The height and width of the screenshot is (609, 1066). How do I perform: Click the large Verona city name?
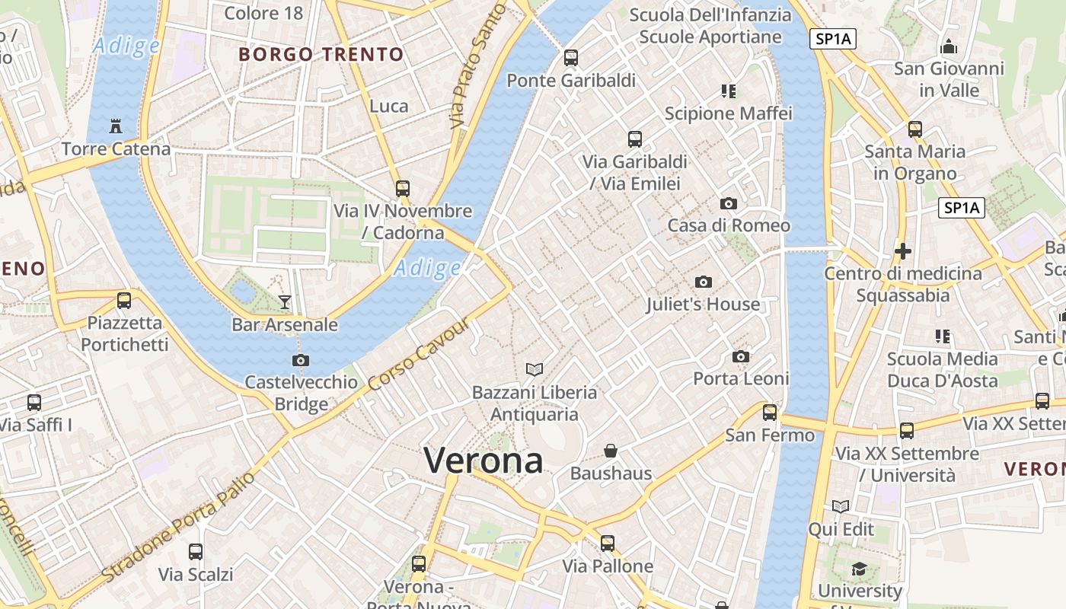(x=484, y=461)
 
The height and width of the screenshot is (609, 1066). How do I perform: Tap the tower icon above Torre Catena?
(x=116, y=126)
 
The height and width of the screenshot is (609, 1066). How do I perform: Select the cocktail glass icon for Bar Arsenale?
(x=284, y=302)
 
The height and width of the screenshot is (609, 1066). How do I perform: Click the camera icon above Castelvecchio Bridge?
(x=301, y=360)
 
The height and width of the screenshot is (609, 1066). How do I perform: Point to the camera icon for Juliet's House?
(x=704, y=282)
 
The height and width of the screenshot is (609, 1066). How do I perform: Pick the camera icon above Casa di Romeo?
(x=729, y=203)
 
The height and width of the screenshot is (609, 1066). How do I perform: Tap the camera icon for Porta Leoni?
(x=741, y=356)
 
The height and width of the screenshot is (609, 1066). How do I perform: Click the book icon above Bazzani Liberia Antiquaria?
(x=535, y=370)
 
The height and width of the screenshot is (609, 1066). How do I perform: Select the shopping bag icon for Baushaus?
(x=611, y=451)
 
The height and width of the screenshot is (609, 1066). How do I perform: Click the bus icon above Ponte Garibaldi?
(x=571, y=58)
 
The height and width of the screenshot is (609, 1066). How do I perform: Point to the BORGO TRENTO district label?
(x=321, y=55)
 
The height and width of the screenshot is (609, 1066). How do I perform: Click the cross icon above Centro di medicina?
(x=903, y=250)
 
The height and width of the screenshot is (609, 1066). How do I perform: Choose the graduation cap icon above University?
(x=859, y=569)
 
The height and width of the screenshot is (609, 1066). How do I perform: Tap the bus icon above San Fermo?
(x=770, y=413)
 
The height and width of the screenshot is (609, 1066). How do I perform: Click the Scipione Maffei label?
(x=729, y=113)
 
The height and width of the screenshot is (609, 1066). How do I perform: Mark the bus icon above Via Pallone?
(x=607, y=544)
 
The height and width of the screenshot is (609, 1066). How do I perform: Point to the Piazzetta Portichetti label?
(x=125, y=333)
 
